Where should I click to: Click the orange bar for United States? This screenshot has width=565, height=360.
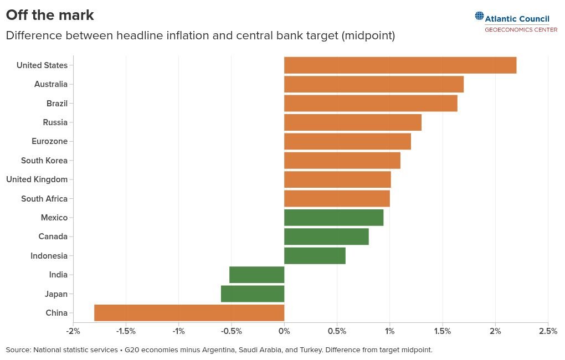[400, 65]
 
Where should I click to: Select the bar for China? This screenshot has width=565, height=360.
[189, 313]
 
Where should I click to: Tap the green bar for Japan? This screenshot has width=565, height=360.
[253, 294]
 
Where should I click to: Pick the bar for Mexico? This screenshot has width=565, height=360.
[333, 218]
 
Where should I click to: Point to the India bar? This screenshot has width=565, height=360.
[257, 275]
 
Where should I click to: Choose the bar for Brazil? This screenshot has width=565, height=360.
[371, 104]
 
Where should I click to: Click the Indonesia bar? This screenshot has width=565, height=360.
[315, 255]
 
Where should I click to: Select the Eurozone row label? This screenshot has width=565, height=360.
[49, 141]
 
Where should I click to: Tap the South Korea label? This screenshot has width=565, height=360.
[44, 161]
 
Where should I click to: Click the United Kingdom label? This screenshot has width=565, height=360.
[37, 179]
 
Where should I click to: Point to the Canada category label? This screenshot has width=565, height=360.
[53, 236]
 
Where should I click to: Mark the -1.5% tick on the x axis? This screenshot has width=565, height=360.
[125, 331]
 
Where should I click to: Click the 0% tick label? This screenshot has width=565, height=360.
[284, 331]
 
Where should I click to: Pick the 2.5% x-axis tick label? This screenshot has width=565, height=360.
[548, 331]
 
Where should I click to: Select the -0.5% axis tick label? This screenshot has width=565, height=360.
[231, 331]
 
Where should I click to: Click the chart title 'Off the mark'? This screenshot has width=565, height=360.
[50, 15]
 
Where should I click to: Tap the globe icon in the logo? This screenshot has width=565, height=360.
[479, 16]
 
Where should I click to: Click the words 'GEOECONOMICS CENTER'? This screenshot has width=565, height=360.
[521, 29]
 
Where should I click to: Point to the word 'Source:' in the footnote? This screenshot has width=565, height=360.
[18, 350]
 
